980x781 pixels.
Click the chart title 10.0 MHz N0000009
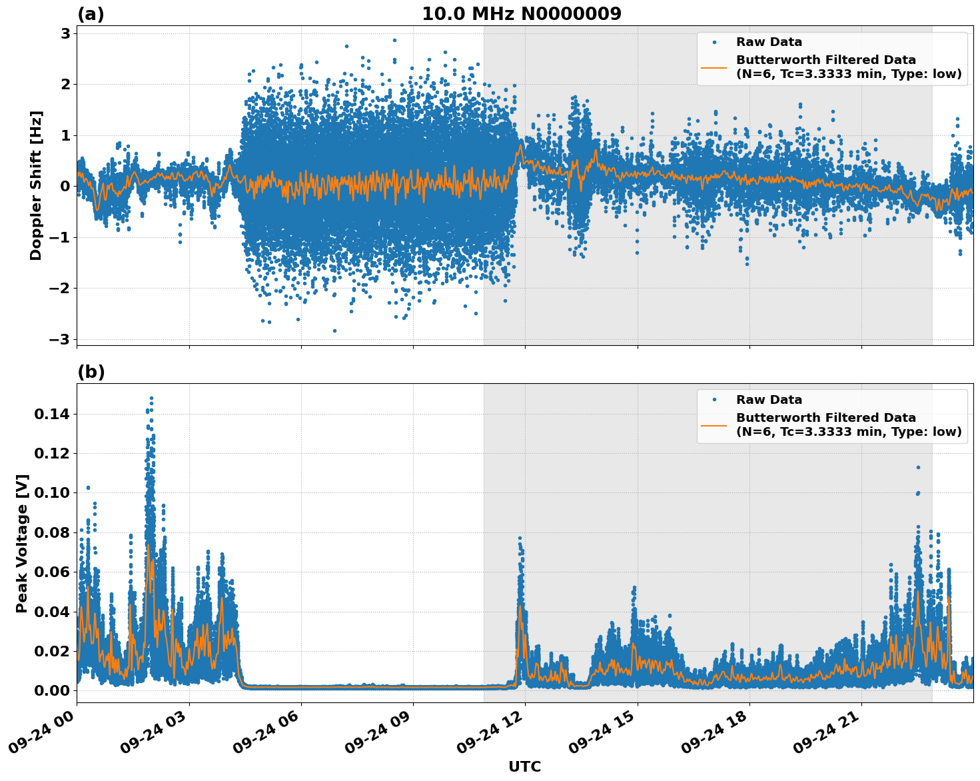tap(521, 14)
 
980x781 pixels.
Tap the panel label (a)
tap(91, 14)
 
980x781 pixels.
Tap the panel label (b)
tap(91, 372)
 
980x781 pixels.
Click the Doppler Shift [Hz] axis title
tap(36, 185)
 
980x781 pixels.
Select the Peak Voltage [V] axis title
tap(22, 543)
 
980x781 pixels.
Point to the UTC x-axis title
tap(524, 766)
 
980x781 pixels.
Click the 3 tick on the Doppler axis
tap(66, 33)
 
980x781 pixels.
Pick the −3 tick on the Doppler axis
tap(61, 339)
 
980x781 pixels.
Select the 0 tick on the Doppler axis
tap(66, 187)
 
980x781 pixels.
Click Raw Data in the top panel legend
tap(769, 42)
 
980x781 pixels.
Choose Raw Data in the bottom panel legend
tap(769, 400)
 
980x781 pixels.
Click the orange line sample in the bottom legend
tap(714, 425)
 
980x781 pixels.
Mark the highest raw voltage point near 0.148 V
tap(151, 398)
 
